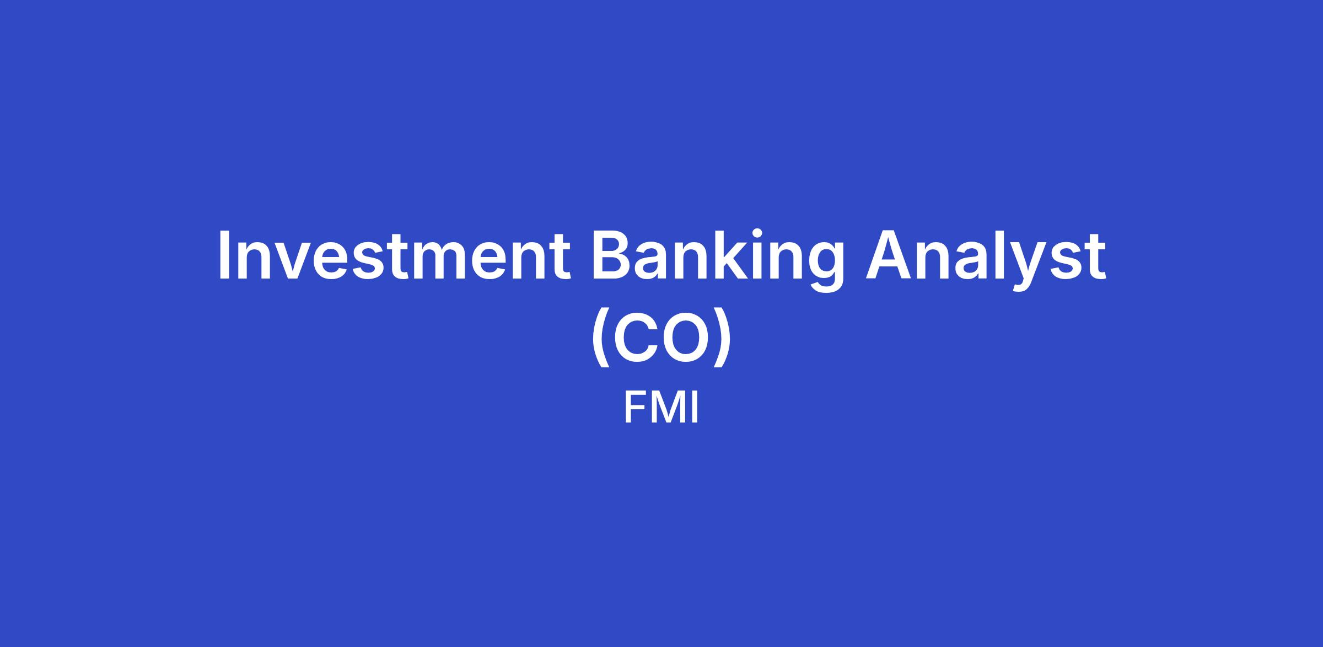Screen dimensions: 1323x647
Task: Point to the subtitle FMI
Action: pos(661,408)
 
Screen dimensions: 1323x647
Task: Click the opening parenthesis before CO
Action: pos(600,337)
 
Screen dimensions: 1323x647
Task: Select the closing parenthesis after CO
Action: pos(722,337)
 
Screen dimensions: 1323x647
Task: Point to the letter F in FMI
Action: pos(634,408)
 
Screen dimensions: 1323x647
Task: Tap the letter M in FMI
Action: pos(669,408)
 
